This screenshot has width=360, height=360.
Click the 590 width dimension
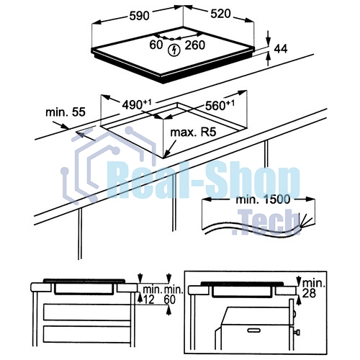click(139, 16)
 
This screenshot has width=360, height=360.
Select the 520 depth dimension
click(220, 14)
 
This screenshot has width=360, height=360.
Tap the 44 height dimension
click(281, 49)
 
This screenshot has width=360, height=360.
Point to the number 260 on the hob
click(194, 45)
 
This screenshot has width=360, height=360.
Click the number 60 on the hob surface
click(156, 45)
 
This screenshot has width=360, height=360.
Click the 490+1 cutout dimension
click(137, 104)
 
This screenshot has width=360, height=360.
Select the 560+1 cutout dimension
click(220, 105)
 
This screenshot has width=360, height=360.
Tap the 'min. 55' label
click(66, 112)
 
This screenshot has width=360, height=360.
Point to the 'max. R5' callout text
click(193, 132)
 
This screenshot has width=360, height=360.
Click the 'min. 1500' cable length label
click(263, 199)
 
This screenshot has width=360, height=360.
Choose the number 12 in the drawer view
click(148, 300)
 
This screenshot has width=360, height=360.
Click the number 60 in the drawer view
click(170, 300)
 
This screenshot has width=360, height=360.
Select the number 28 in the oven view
click(309, 293)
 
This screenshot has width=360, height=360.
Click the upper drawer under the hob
click(87, 312)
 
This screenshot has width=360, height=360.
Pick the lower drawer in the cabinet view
click(87, 334)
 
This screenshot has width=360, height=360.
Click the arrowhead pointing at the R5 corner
click(168, 153)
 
